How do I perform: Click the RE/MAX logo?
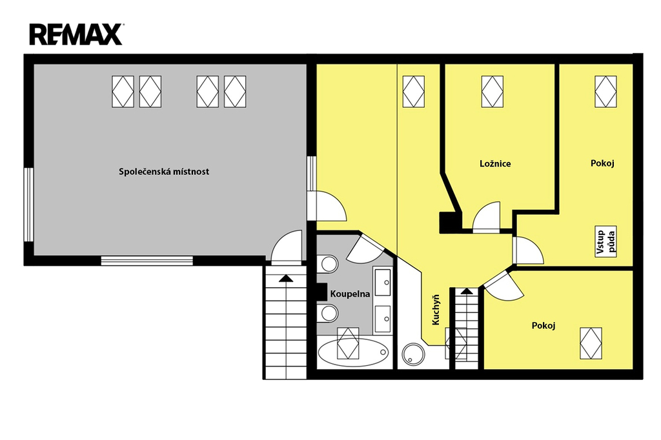(76, 35)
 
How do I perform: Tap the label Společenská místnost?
(163, 172)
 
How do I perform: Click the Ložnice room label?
(495, 163)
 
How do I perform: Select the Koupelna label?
(350, 294)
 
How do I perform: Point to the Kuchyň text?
(436, 310)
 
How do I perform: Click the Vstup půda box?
(605, 242)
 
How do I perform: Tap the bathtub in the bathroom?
(353, 352)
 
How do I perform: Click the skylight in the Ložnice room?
(493, 92)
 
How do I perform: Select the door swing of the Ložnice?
(486, 216)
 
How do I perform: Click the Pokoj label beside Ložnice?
(602, 163)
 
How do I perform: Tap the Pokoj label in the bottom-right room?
(544, 325)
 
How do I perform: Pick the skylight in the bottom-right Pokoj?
(591, 343)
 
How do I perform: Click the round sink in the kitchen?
(412, 354)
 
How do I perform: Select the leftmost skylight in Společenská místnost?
(123, 92)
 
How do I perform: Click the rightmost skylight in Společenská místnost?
(235, 92)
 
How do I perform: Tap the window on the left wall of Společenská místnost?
(28, 205)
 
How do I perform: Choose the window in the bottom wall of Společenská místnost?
(147, 261)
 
